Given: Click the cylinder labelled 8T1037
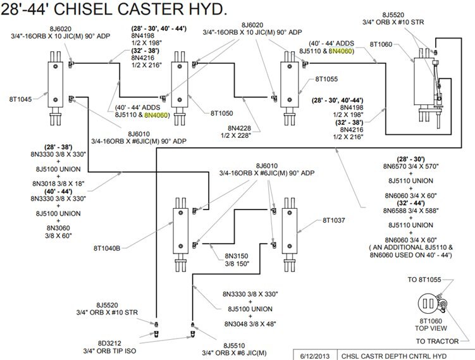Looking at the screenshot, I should pos(291,228).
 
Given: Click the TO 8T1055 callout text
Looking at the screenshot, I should pos(442,279).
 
